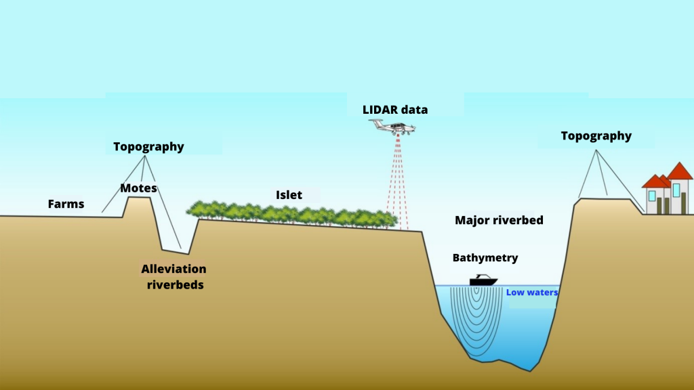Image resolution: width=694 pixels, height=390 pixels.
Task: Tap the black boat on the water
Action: pyautogui.click(x=483, y=280)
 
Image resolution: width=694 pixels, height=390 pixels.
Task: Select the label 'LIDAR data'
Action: pyautogui.click(x=396, y=109)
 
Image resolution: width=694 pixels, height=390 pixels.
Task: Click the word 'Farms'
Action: pyautogui.click(x=66, y=203)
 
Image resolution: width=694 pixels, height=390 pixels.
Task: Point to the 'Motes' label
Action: pyautogui.click(x=138, y=188)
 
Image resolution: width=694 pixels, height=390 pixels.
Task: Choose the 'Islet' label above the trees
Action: pyautogui.click(x=289, y=195)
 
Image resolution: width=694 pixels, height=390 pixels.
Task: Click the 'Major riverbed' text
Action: pyautogui.click(x=499, y=220)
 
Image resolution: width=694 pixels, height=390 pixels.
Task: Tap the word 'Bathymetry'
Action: pyautogui.click(x=485, y=257)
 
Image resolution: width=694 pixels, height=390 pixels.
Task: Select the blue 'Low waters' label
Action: pyautogui.click(x=532, y=292)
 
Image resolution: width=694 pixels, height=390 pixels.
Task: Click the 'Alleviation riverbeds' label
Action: pyautogui.click(x=173, y=277)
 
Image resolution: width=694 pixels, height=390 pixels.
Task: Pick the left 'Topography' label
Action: pyautogui.click(x=148, y=146)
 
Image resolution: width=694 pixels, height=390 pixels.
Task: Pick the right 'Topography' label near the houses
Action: pyautogui.click(x=596, y=135)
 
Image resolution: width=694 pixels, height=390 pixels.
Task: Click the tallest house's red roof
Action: pyautogui.click(x=679, y=171)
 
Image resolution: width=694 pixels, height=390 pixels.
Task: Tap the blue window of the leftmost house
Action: pyautogui.click(x=652, y=196)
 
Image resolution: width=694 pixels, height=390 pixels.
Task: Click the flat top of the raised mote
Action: pyautogui.click(x=139, y=198)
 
